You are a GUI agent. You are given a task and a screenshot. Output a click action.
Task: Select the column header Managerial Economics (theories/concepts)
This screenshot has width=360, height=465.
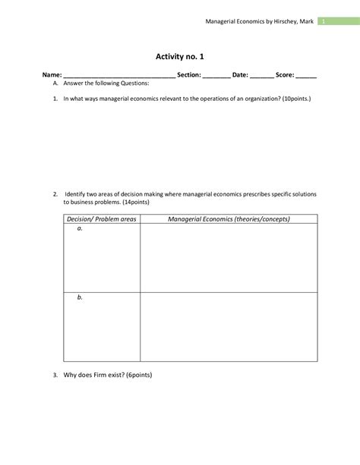(229, 219)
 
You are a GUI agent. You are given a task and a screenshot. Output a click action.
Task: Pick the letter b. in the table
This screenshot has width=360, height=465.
(80, 298)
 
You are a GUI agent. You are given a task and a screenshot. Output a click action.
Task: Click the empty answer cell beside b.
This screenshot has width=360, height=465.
(229, 326)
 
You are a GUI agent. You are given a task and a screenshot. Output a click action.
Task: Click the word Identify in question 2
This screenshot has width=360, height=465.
(79, 194)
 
